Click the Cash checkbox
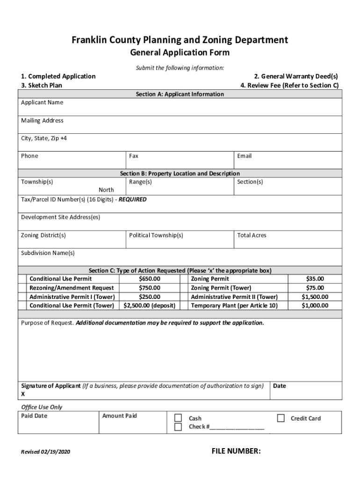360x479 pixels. coord(178,418)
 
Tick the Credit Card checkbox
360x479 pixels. coord(281,418)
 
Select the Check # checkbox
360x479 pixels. coord(178,427)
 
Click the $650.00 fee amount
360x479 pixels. coord(150,279)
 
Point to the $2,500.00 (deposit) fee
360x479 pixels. coord(150,305)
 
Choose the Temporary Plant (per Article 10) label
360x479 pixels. coord(234,305)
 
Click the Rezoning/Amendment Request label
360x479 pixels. coord(72,288)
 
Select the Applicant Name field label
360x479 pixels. coord(42,102)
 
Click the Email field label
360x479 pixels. coord(244,156)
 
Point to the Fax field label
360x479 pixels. coord(134,156)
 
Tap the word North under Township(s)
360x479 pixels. coord(106,190)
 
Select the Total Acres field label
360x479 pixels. coord(252,235)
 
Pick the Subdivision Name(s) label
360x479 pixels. coord(48,253)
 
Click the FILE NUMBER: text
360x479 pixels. coord(236,451)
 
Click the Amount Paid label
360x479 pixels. coord(120,416)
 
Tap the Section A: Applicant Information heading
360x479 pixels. coord(180,94)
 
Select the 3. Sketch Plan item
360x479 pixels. coord(41,85)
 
